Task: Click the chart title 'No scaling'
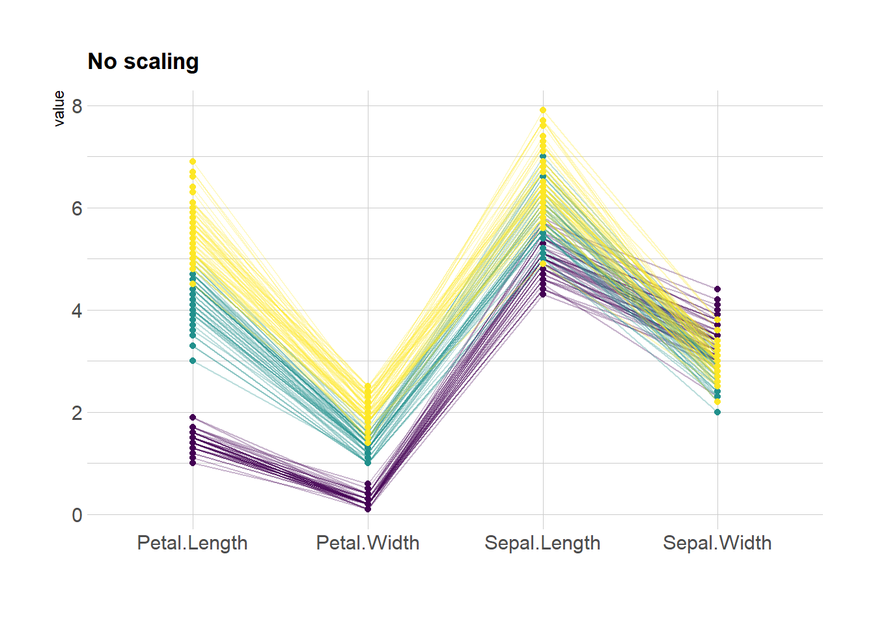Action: tap(143, 61)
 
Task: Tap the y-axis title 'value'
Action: tap(59, 108)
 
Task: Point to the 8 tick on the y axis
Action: tap(77, 106)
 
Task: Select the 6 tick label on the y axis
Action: tap(77, 208)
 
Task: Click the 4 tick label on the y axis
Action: tap(77, 311)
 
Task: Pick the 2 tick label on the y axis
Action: tap(77, 413)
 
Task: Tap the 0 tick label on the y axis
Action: tap(77, 515)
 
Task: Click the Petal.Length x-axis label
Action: tap(192, 543)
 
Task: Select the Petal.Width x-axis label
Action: tap(368, 543)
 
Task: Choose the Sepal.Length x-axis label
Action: tap(542, 543)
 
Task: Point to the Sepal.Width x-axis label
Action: tap(717, 543)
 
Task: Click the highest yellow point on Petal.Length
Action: tap(193, 161)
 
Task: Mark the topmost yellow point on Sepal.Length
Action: tap(543, 110)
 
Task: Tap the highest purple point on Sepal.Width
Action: tap(717, 289)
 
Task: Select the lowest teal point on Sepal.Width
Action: tap(717, 412)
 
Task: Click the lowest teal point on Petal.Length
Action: tap(193, 361)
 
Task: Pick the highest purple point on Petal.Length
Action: tap(193, 417)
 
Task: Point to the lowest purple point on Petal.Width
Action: tap(368, 509)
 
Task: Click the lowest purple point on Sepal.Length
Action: tap(543, 294)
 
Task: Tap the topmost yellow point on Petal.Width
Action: tap(368, 386)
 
